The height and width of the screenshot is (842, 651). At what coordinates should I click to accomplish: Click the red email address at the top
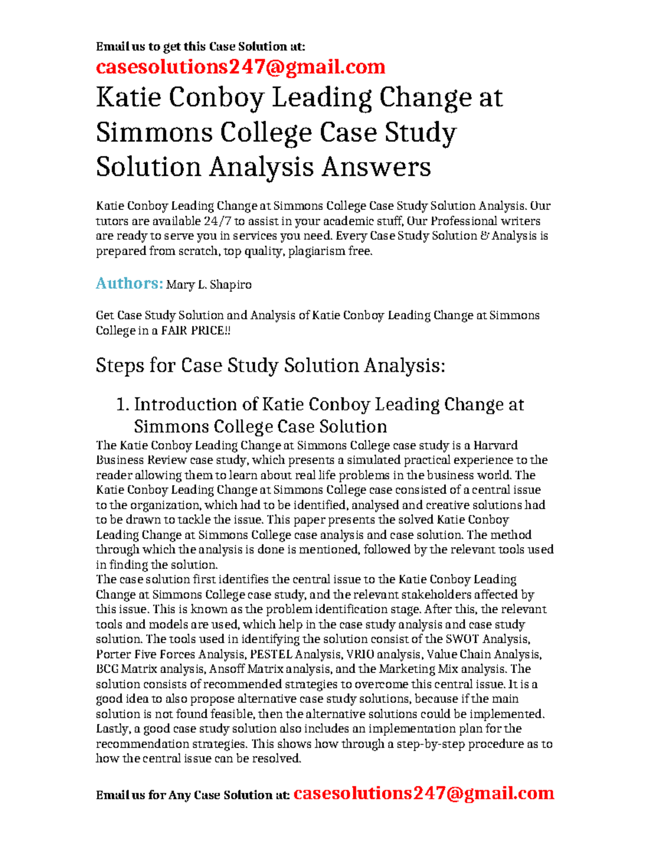pos(240,67)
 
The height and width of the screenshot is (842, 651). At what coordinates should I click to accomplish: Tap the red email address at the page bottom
pos(423,793)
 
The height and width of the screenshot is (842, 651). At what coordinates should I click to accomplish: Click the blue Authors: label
pos(129,283)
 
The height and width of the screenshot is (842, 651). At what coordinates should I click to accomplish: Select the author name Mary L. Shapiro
pos(209,285)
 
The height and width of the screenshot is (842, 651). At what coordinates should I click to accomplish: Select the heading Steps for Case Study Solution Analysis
pos(270,365)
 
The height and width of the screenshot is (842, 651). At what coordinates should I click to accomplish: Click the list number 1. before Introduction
pos(123,404)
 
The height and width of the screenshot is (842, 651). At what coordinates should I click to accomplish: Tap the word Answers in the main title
pos(376,166)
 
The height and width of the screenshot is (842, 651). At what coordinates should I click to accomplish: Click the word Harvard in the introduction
pos(495,446)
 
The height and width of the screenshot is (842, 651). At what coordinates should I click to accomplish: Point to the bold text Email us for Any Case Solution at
pos(193,795)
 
